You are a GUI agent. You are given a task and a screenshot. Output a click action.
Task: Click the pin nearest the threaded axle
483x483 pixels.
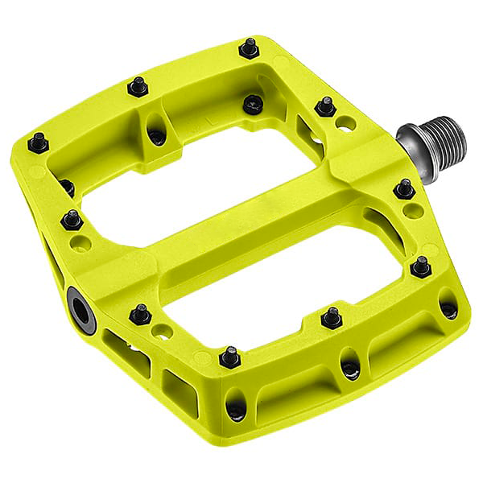[x=325, y=106]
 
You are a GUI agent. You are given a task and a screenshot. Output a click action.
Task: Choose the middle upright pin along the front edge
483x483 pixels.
[x=330, y=317]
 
